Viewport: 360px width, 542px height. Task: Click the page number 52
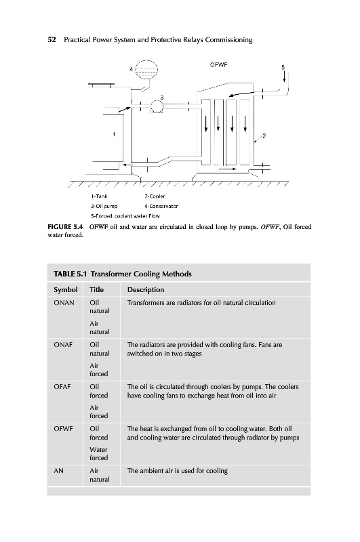[x=52, y=40]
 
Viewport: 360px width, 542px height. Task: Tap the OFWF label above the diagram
[x=218, y=64]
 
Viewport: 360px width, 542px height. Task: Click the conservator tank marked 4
[x=146, y=70]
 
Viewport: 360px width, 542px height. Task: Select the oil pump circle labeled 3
[x=157, y=106]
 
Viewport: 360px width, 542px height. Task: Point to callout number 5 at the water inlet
[x=283, y=67]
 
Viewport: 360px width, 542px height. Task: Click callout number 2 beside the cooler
[x=264, y=136]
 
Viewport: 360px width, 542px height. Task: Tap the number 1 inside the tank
[x=114, y=134]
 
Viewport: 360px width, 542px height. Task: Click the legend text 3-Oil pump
[x=104, y=207]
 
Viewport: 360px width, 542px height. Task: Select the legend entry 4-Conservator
[x=161, y=207]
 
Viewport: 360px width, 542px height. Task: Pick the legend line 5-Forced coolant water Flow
[x=125, y=216]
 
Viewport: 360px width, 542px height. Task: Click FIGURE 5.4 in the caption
[x=65, y=227]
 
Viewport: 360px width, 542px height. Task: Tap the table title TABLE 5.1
[x=70, y=274]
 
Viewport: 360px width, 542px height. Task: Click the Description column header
[x=146, y=290]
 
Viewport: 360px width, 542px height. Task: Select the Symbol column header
[x=65, y=290]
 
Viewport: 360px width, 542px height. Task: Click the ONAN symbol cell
[x=64, y=303]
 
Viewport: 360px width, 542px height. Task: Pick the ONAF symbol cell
[x=63, y=345]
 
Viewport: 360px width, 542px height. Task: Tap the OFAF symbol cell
[x=62, y=387]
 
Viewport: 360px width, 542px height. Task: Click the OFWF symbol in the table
[x=63, y=429]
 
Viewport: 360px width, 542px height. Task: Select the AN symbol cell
[x=58, y=471]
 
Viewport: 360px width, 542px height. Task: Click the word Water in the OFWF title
[x=98, y=450]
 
